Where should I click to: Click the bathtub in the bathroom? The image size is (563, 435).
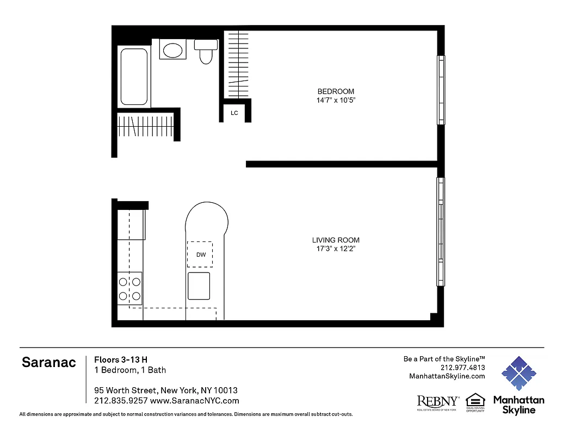click(x=134, y=77)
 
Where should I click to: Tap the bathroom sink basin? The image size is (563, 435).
click(x=173, y=51)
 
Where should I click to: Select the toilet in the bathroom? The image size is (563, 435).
click(x=206, y=53)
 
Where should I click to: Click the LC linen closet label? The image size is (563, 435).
click(x=234, y=113)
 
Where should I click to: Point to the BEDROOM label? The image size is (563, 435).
click(x=336, y=91)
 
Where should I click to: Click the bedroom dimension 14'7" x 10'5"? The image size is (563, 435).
click(x=336, y=101)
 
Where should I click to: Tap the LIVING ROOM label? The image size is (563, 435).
click(x=336, y=240)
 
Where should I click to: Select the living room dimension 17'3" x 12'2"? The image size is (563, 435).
click(x=336, y=249)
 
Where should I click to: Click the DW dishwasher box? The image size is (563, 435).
click(x=200, y=254)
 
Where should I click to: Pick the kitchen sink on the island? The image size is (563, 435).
click(x=199, y=286)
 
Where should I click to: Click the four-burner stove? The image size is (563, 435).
click(x=130, y=289)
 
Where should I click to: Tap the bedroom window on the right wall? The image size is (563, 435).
click(x=441, y=90)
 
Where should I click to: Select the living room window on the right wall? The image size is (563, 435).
click(x=441, y=232)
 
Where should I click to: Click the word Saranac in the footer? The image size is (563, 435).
click(x=49, y=363)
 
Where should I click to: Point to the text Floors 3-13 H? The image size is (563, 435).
click(x=121, y=359)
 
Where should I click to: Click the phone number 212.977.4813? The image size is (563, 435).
click(x=462, y=367)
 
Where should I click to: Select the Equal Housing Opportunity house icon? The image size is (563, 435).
click(x=475, y=400)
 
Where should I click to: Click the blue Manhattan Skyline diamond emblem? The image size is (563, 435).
click(x=518, y=374)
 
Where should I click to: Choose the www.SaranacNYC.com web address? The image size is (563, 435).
click(x=194, y=401)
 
